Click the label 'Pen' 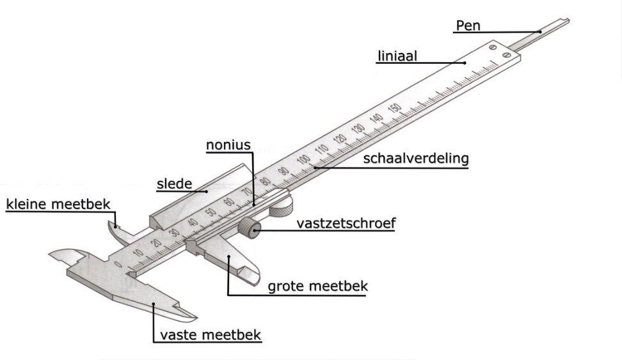(468, 26)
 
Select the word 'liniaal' (397, 56)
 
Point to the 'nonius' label (228, 145)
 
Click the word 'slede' (175, 185)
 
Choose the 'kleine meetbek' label (58, 204)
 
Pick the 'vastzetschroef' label (346, 223)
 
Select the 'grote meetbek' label (317, 286)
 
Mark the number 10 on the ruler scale (138, 253)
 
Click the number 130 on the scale (359, 127)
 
